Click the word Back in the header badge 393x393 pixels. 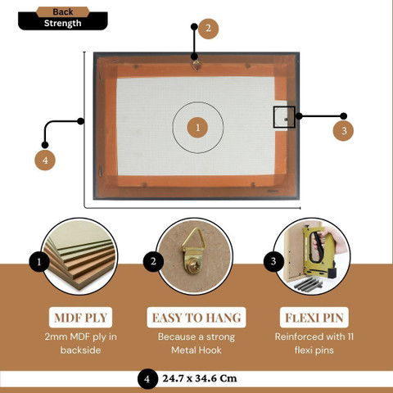coord(63,12)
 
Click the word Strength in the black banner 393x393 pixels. coord(63,24)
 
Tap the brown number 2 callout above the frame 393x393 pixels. coord(208,29)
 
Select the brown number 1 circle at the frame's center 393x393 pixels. coord(197,128)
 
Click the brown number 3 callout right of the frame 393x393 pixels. coord(343,131)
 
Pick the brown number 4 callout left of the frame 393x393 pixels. coord(45,160)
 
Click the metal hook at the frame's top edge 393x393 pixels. coord(196,65)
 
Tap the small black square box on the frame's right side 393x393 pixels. coord(284,117)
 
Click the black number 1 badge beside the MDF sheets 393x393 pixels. coord(39,261)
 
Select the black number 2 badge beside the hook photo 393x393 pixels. coord(153,261)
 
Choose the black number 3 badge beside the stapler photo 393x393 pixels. coord(273,261)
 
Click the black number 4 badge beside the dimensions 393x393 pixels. coord(147,379)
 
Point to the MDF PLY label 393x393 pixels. coord(80,318)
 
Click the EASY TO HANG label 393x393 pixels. coord(196,318)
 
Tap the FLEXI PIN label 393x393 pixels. coord(314,318)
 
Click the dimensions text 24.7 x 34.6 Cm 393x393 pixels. coord(200,378)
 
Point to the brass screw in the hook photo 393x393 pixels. coord(196,266)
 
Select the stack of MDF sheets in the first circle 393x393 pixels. coord(80,260)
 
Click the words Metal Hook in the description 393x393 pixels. coord(196,350)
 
